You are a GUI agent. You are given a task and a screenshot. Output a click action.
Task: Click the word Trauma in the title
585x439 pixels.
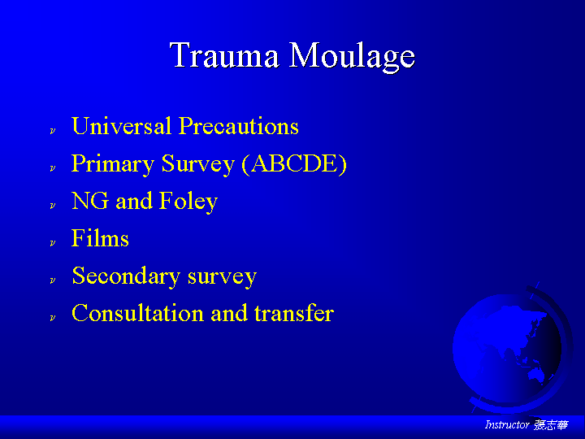(x=224, y=55)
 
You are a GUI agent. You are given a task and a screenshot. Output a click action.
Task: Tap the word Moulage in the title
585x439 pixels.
(x=352, y=57)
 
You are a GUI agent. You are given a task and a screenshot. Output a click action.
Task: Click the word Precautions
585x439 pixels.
(x=238, y=125)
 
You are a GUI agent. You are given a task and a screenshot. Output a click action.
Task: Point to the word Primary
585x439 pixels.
(x=113, y=164)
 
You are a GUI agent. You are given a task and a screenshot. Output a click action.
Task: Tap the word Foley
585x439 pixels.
(x=188, y=202)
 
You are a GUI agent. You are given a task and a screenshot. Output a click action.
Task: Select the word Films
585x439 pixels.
(x=100, y=237)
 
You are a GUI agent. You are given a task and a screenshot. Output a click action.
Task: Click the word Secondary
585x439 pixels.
(x=126, y=276)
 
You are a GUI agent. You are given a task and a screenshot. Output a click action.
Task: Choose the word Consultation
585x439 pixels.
(x=137, y=313)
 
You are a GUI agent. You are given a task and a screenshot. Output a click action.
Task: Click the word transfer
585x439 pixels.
(x=294, y=313)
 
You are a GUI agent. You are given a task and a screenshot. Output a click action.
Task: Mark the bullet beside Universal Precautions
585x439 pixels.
(x=53, y=131)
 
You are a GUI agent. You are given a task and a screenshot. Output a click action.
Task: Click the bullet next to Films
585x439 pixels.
(x=53, y=243)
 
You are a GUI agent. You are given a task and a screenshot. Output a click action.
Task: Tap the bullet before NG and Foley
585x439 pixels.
(x=53, y=206)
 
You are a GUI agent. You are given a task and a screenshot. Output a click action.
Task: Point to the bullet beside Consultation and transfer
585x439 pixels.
(x=53, y=318)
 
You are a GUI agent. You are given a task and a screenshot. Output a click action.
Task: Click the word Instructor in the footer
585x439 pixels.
(x=507, y=425)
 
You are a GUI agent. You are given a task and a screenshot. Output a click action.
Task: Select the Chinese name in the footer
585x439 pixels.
(x=551, y=425)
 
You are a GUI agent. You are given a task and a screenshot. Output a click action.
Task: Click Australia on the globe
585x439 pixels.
(x=537, y=372)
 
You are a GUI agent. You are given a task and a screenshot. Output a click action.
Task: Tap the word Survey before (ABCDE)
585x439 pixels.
(x=198, y=164)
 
